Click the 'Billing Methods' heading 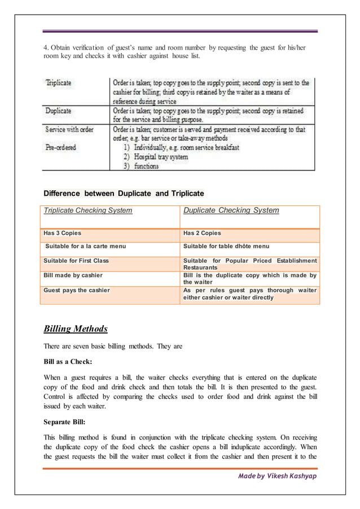[x=76, y=328]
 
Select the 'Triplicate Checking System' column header [x=88, y=210]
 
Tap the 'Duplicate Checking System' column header [x=231, y=210]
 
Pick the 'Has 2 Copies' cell [x=202, y=233]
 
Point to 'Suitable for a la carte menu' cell [x=85, y=246]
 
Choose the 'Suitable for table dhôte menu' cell [x=226, y=246]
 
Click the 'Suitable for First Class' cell [x=76, y=260]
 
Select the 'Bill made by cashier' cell [x=73, y=275]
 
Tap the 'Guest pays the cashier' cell [x=77, y=289]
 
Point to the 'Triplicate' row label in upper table [x=59, y=82]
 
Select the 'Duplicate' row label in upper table [x=59, y=111]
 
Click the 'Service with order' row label [x=69, y=129]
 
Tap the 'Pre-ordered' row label [x=62, y=147]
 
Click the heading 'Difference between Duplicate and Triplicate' [x=124, y=194]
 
